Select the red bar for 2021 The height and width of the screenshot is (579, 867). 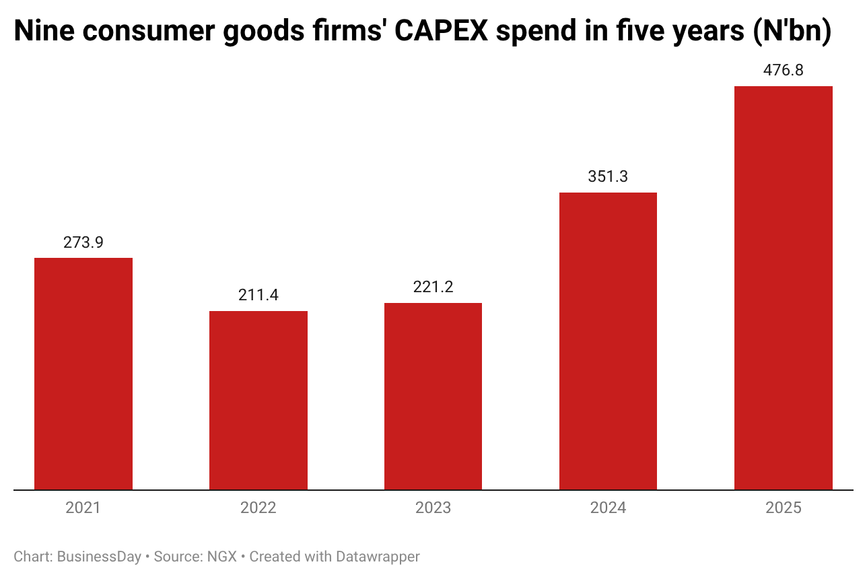pos(83,374)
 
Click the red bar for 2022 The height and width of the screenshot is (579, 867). pos(258,400)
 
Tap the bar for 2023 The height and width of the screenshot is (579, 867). pos(433,396)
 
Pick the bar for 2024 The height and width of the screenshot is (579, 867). pos(608,341)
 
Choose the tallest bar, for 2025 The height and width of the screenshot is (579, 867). pos(783,287)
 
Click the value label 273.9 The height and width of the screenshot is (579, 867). pos(83,242)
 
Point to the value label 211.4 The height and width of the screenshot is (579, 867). pos(258,295)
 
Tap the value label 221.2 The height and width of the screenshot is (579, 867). pos(433,287)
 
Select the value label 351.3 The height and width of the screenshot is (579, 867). pos(608,176)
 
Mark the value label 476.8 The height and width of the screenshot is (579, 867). pos(783,70)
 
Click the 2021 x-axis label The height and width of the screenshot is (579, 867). pos(83,508)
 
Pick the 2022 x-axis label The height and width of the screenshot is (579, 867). pos(258,508)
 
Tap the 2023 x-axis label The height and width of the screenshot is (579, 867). pos(433,508)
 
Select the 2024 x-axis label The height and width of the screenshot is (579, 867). pos(608,508)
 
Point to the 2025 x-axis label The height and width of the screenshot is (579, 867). pos(783,508)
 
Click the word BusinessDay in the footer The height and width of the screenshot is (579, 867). pos(99,557)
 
